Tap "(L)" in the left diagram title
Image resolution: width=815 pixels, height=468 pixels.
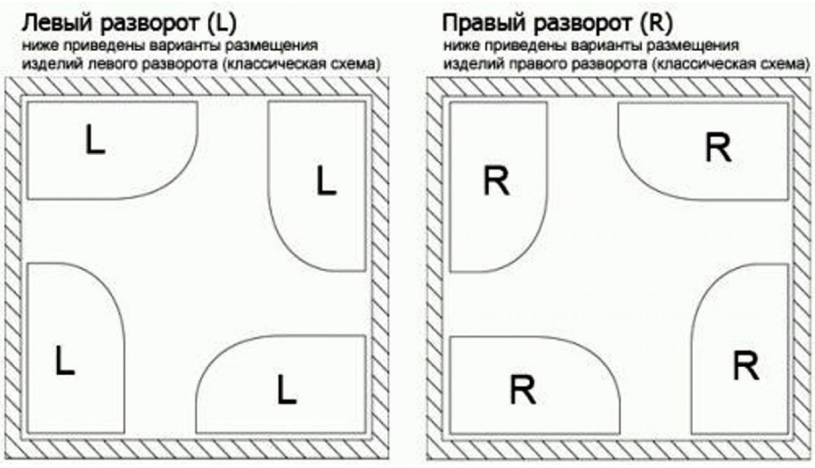223,25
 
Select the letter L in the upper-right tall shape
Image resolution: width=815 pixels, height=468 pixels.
325,182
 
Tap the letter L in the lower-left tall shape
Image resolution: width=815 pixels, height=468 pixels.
65,362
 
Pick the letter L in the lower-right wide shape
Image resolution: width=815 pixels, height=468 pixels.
287,390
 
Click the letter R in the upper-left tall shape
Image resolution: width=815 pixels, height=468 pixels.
497,183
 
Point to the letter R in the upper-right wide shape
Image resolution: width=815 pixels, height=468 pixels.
718,149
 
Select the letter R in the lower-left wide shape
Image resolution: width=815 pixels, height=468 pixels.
522,390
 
